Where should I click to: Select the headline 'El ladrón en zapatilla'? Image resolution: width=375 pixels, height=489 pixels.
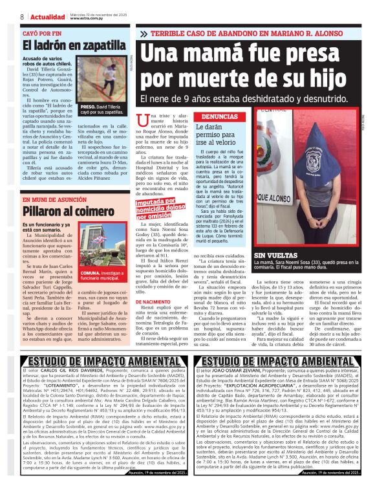click(63, 45)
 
